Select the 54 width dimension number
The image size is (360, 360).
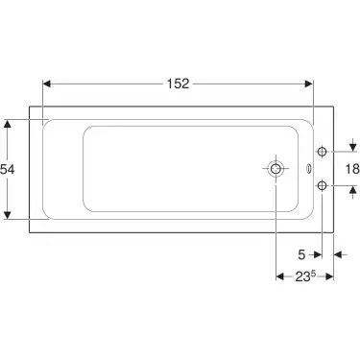tap(9, 169)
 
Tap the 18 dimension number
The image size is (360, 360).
tap(352, 168)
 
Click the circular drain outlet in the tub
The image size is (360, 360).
tap(276, 169)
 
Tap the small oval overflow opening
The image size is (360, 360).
tap(307, 169)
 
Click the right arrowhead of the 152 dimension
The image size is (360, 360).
tap(310, 84)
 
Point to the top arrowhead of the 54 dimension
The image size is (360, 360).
tap(10, 123)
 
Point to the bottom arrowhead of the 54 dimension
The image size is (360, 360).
tap(10, 214)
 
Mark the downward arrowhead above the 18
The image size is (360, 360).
tap(352, 148)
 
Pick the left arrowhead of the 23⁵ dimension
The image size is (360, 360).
tap(279, 277)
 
